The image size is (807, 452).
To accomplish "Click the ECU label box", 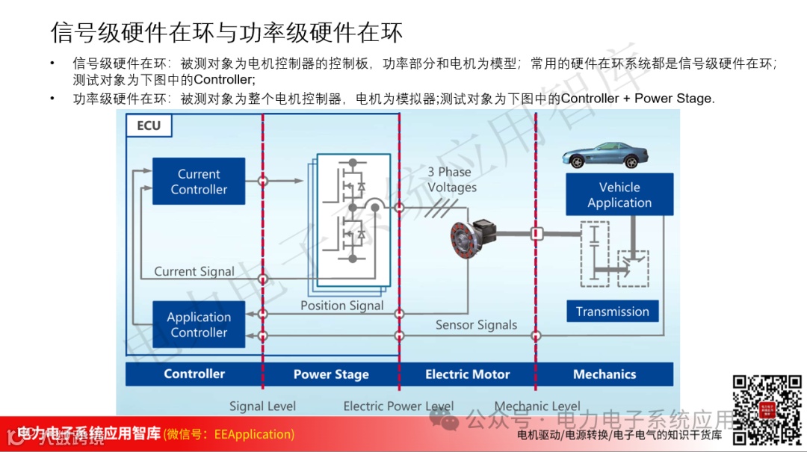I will [149, 126].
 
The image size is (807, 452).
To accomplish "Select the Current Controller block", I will [199, 181].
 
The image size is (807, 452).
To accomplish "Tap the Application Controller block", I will [199, 324].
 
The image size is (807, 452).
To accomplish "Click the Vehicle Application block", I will [619, 194].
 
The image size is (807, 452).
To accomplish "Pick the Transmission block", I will [612, 312].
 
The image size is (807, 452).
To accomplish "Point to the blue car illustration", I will [605, 155].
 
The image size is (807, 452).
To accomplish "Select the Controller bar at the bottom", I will [194, 374].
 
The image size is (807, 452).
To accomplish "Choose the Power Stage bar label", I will [331, 374].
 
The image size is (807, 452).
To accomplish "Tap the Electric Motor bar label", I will [468, 374].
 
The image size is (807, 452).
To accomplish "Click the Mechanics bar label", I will [605, 374].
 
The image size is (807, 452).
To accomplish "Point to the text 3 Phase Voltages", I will [452, 180].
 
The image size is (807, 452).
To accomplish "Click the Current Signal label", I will [194, 271].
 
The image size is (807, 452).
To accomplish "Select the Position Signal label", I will [342, 305].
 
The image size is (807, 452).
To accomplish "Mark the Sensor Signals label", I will [477, 325].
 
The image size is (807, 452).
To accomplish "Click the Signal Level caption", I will [262, 406].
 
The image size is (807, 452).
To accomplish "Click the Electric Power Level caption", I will [398, 406].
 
